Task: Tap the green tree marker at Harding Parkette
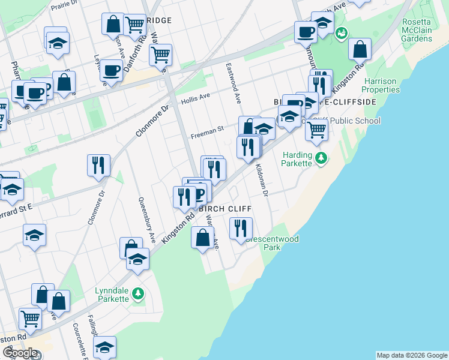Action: pos(322,158)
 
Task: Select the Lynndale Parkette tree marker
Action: pos(139,293)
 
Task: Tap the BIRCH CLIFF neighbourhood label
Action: pos(224,208)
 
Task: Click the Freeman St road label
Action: pos(207,128)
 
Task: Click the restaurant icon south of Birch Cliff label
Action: pos(241,228)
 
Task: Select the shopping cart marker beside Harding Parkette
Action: pos(316,128)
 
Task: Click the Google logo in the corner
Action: pos(20,353)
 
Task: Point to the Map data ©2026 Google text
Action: pos(412,355)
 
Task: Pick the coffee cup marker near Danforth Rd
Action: pos(111,71)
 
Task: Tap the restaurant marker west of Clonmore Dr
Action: pos(98,165)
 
